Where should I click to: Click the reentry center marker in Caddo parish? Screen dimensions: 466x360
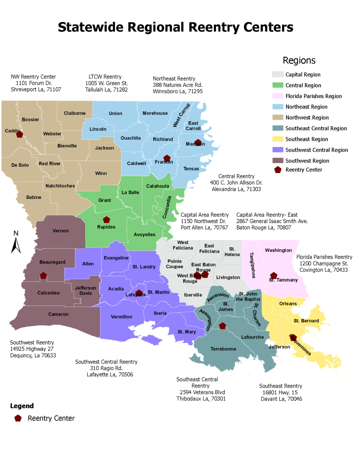tap(19, 134)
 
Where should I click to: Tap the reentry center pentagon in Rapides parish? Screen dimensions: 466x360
tap(106, 220)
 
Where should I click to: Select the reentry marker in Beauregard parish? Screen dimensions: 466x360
tap(43, 276)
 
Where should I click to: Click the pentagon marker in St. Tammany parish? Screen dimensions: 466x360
tap(274, 276)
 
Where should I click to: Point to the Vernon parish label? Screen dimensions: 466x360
tap(61, 231)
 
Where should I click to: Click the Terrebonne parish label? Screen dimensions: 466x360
tap(223, 349)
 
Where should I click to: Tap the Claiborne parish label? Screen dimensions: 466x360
tap(75, 113)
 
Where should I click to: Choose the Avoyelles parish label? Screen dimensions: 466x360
tap(144, 235)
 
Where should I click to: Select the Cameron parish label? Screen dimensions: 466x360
tap(58, 314)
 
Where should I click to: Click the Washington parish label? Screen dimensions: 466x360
tap(278, 250)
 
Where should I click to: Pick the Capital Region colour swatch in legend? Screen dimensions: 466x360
tap(278, 74)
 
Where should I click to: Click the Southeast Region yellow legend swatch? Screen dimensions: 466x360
tap(278, 139)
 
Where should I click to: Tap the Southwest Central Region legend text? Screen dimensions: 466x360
tap(316, 150)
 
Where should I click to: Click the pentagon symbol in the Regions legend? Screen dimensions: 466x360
tap(278, 170)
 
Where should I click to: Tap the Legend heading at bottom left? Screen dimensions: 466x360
tap(22, 406)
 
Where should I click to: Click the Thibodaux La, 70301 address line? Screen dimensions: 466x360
tap(201, 399)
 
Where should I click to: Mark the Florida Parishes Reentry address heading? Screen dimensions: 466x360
tap(324, 257)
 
